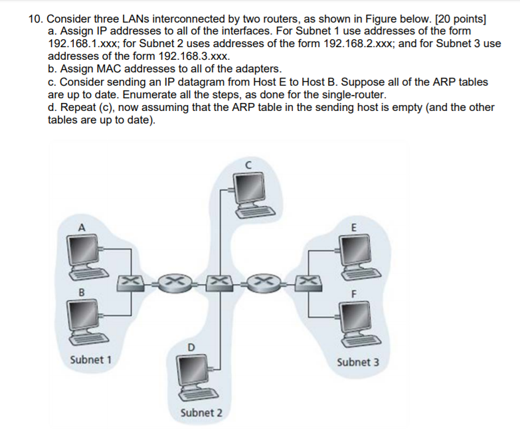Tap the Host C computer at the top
pyautogui.click(x=246, y=189)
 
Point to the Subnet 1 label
pyautogui.click(x=90, y=359)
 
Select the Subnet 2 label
pyautogui.click(x=202, y=412)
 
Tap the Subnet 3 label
pyautogui.click(x=359, y=363)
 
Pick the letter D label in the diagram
pyautogui.click(x=190, y=347)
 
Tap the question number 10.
pyautogui.click(x=35, y=18)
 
